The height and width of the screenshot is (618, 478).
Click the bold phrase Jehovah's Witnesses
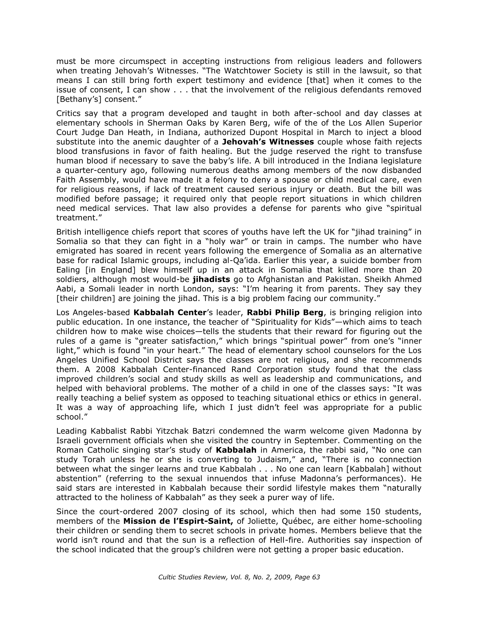coord(268,142)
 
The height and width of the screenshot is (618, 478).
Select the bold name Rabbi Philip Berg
coord(285,312)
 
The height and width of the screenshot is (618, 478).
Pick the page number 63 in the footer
coord(316,577)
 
